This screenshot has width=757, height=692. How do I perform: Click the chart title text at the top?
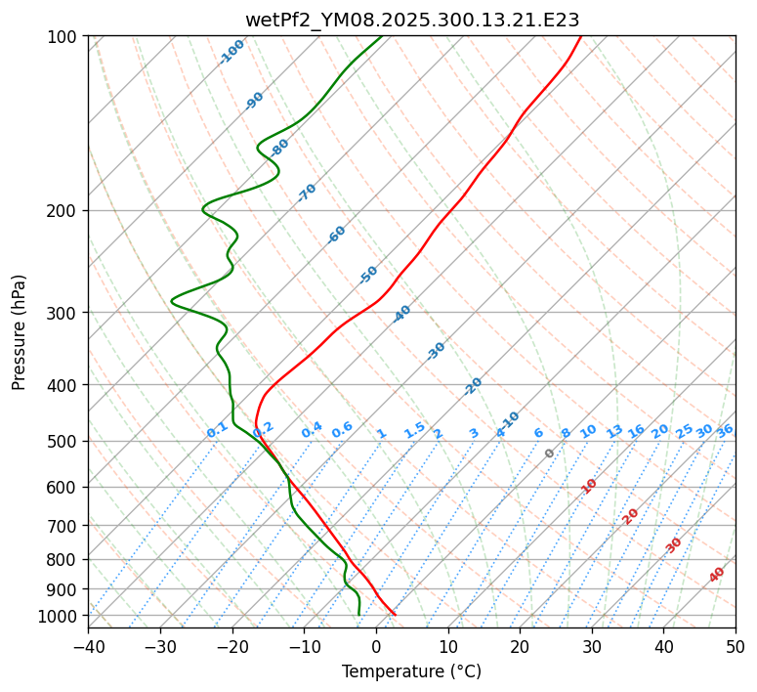pos(411,20)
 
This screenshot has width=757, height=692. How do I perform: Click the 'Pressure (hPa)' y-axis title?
pos(20,332)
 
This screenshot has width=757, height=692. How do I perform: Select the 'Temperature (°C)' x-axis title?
pos(411,671)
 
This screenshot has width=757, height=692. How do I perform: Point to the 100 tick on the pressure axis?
pos(64,37)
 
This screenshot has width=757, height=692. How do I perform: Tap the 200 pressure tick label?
pos(64,211)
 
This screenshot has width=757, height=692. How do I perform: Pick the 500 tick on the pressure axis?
pos(64,442)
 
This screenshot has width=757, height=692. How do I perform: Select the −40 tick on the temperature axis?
pos(88,646)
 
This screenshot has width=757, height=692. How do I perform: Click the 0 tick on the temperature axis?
pos(376,646)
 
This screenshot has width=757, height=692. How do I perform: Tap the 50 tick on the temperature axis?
pos(736,646)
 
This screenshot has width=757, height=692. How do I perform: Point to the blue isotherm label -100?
pos(231,52)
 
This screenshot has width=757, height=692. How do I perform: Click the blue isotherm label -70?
pos(307,193)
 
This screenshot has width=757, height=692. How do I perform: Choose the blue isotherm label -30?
pos(436,351)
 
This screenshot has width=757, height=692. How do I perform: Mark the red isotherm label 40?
pos(717,575)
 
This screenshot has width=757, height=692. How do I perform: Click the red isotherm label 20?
pos(631,515)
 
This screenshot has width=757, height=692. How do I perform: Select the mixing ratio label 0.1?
pos(217,429)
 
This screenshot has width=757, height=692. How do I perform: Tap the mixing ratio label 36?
pos(725,430)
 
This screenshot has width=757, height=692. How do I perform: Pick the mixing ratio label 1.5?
pos(414,429)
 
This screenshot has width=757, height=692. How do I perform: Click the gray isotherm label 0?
pos(550,454)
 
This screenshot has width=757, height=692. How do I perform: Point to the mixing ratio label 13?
pos(614,431)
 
